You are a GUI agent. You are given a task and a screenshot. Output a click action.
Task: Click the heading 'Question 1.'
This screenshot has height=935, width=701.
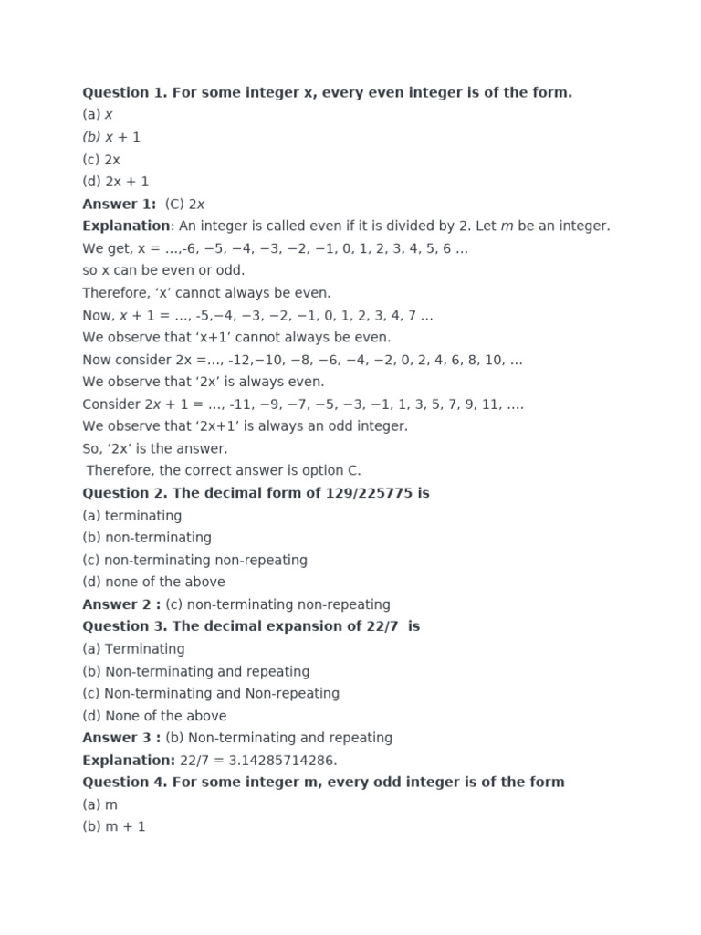coord(120,92)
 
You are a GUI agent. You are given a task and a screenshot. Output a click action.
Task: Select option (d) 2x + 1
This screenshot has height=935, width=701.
coord(115,182)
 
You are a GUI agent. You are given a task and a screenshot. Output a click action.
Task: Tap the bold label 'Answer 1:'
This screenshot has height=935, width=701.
coord(119,204)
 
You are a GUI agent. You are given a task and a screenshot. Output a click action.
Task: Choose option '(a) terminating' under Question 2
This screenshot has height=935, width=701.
coord(131,516)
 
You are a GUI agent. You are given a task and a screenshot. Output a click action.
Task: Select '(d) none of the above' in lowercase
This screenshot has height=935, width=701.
coord(153,583)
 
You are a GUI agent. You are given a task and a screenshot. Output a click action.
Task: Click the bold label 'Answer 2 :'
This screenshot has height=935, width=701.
coord(121,604)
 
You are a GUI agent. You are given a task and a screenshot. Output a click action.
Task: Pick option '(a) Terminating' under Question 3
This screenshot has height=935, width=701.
coord(133,649)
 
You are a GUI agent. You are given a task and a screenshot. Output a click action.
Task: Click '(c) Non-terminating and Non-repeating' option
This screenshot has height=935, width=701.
coord(210,693)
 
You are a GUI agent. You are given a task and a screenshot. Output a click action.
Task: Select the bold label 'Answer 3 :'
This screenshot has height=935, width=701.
coord(121,738)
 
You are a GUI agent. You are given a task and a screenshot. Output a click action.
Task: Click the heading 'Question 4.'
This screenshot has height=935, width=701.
coord(120,782)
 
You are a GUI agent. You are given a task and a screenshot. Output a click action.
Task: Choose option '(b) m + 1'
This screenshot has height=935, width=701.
coord(114,826)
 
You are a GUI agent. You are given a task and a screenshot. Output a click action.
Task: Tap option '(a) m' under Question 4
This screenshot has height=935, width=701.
coord(99,804)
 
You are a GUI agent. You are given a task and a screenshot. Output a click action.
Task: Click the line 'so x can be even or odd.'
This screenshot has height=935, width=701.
coord(163,270)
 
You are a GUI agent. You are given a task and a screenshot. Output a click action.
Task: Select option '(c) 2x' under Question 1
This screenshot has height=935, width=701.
coord(100,159)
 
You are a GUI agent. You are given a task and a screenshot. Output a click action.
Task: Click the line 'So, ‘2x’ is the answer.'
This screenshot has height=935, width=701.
coord(155,448)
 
